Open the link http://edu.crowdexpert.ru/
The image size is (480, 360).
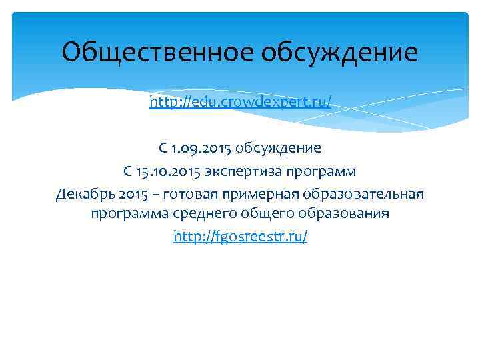tap(240, 103)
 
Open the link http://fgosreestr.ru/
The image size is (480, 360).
tap(240, 237)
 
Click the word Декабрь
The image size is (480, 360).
tap(83, 193)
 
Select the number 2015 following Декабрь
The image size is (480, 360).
tap(129, 193)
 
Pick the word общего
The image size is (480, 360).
tap(262, 215)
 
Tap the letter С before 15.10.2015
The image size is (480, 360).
tap(127, 171)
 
